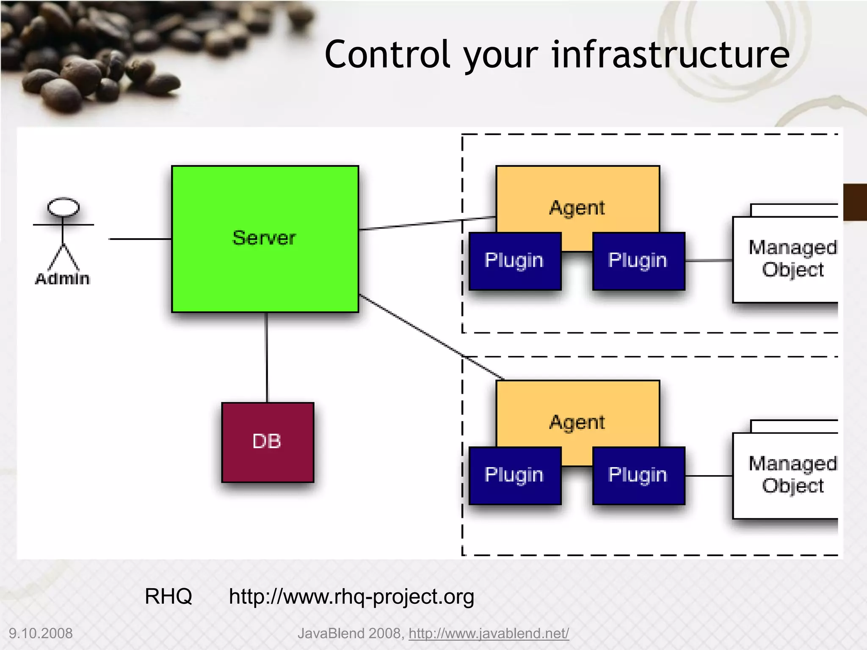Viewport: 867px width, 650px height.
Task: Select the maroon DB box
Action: click(268, 442)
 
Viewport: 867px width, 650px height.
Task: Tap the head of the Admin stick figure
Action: click(64, 207)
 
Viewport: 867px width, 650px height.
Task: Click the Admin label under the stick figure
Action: click(63, 279)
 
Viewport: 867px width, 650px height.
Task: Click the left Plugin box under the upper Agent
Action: click(515, 261)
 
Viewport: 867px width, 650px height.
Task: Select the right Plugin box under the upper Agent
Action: click(638, 261)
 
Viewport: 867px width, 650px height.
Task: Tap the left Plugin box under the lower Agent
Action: click(515, 475)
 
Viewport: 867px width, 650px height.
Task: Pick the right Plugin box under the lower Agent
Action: click(638, 475)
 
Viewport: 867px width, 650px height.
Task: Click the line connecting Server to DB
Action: click(267, 358)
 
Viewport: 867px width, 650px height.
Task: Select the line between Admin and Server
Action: click(140, 239)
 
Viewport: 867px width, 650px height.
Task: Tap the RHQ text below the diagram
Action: click(168, 596)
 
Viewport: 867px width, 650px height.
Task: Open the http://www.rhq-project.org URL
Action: click(351, 597)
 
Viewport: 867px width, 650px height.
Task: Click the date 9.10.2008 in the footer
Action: click(41, 633)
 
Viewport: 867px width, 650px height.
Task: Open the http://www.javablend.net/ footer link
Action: click(489, 633)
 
